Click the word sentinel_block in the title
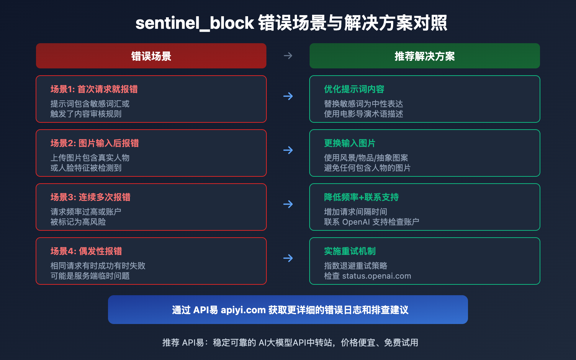[x=194, y=23]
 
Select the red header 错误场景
[x=151, y=56]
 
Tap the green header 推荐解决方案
[x=425, y=56]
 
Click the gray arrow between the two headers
[x=288, y=56]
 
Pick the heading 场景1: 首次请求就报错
[x=94, y=89]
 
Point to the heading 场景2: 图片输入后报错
[x=95, y=143]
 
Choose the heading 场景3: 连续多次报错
[x=90, y=197]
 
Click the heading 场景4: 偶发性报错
[x=86, y=251]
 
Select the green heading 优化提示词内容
[x=354, y=89]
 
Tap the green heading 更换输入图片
[x=350, y=143]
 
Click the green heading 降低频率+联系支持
[x=361, y=197]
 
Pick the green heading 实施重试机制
[x=350, y=251]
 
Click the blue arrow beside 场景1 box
[x=288, y=96]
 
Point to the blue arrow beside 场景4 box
[x=288, y=258]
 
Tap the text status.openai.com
[x=377, y=276]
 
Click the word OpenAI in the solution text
[x=356, y=222]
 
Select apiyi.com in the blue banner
[x=243, y=310]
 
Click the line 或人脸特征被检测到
[x=86, y=168]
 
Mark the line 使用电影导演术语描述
[x=364, y=114]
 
